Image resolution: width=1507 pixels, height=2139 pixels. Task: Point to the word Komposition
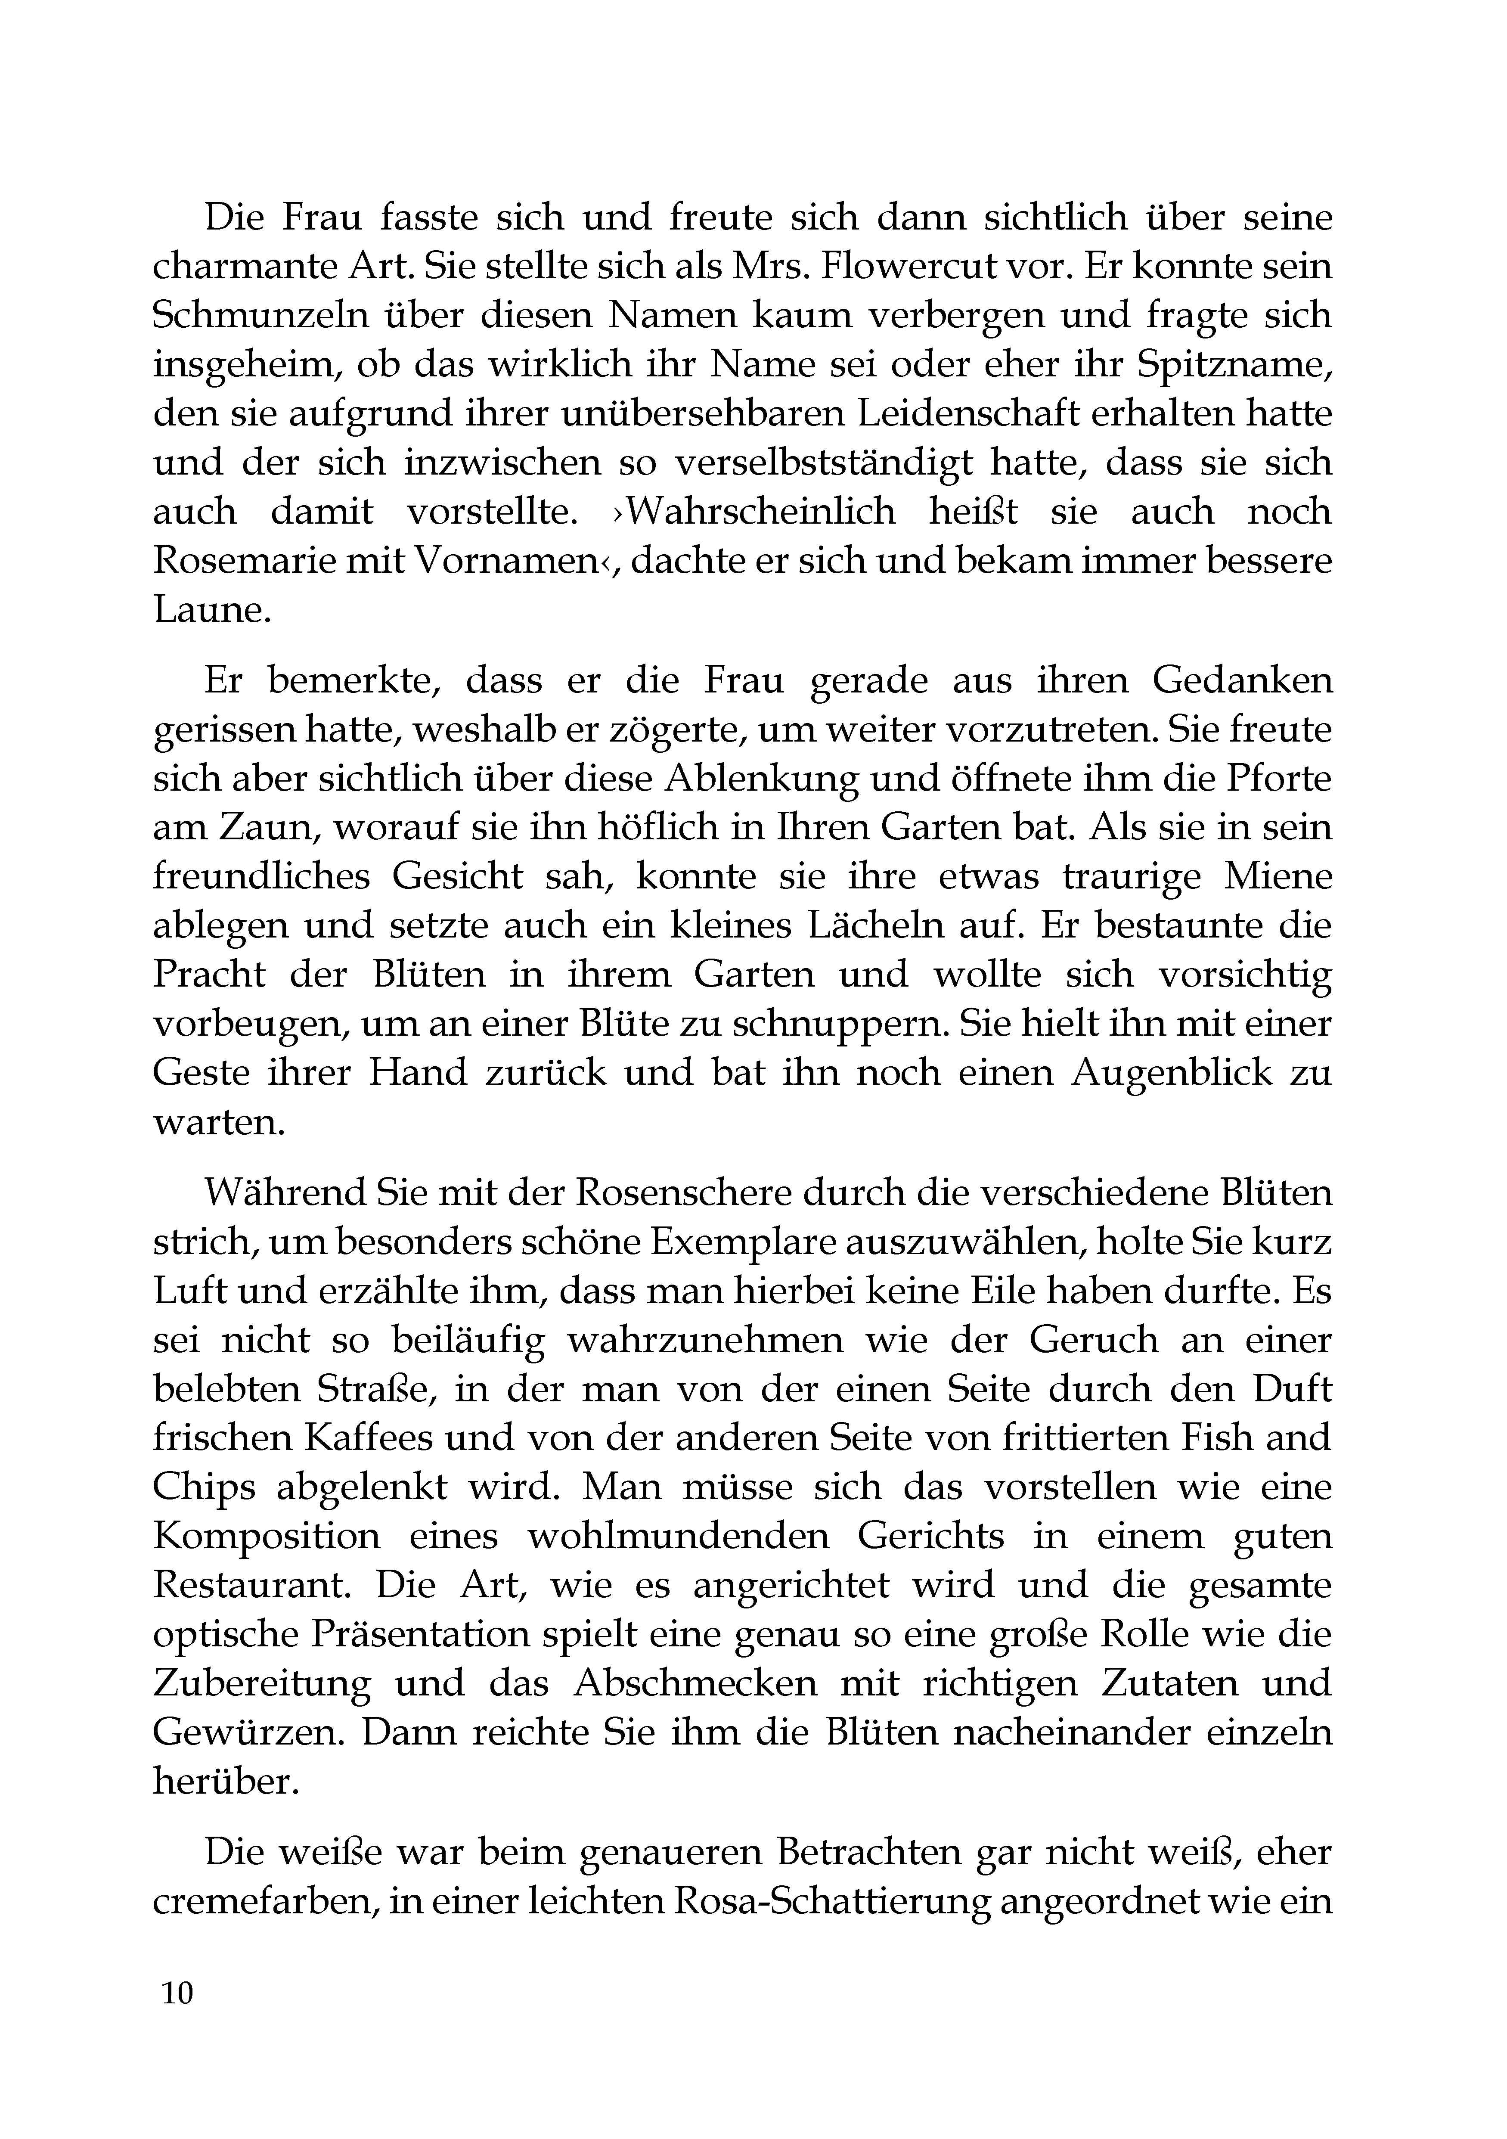coord(267,1535)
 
